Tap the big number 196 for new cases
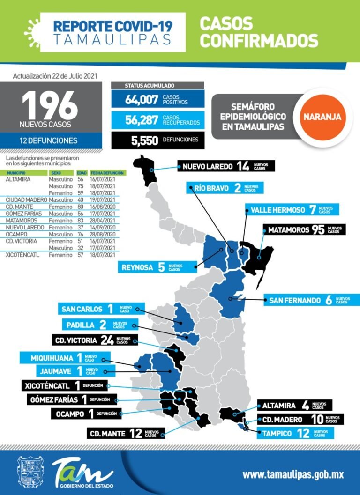tap(50, 105)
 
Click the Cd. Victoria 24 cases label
tap(94, 340)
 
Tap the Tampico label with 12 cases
tap(295, 433)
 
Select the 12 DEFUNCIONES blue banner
tap(51, 140)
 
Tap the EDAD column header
tap(82, 173)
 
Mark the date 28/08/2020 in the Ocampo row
tap(103, 234)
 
